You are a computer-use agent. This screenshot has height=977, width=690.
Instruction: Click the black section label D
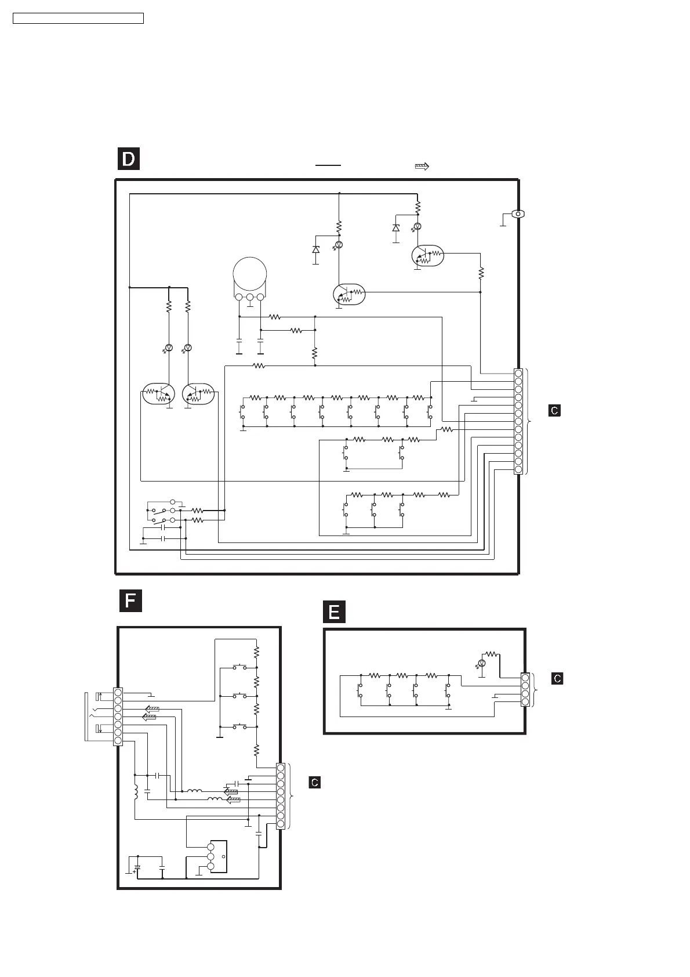[129, 159]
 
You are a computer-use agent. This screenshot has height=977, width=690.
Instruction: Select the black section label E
[334, 613]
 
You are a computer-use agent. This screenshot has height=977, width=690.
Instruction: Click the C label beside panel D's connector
[554, 411]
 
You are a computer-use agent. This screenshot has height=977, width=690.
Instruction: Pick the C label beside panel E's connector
[557, 678]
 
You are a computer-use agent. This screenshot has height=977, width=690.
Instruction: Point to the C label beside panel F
[314, 782]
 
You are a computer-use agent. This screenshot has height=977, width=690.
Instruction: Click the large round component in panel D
[250, 273]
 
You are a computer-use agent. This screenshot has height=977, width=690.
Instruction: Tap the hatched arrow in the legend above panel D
[422, 167]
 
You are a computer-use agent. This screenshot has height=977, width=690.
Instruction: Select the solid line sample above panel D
[328, 165]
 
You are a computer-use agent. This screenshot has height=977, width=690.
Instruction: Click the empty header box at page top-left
[78, 19]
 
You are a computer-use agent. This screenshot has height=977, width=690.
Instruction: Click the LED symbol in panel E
[481, 663]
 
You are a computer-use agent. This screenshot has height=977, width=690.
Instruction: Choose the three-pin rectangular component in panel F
[218, 856]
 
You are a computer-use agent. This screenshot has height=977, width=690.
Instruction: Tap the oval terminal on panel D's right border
[518, 214]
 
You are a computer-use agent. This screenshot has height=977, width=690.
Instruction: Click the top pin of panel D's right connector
[518, 374]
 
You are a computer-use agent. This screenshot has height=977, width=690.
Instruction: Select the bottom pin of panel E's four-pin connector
[525, 702]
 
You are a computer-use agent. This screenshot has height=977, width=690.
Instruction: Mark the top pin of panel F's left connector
[118, 692]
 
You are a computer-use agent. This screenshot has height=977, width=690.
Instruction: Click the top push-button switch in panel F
[239, 667]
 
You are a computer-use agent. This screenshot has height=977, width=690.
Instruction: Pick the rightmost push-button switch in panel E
[446, 690]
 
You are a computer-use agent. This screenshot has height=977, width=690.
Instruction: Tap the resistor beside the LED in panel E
[492, 654]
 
